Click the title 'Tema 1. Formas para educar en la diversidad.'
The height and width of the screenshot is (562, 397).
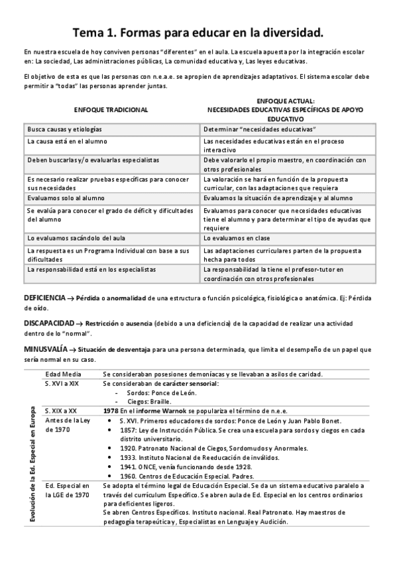click(198, 32)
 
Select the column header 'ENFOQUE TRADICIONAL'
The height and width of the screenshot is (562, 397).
click(111, 109)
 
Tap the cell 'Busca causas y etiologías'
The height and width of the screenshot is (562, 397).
click(66, 128)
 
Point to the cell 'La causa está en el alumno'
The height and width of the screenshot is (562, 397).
click(68, 142)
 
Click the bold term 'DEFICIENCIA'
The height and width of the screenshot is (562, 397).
click(44, 298)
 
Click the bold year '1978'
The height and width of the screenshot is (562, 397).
click(111, 411)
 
